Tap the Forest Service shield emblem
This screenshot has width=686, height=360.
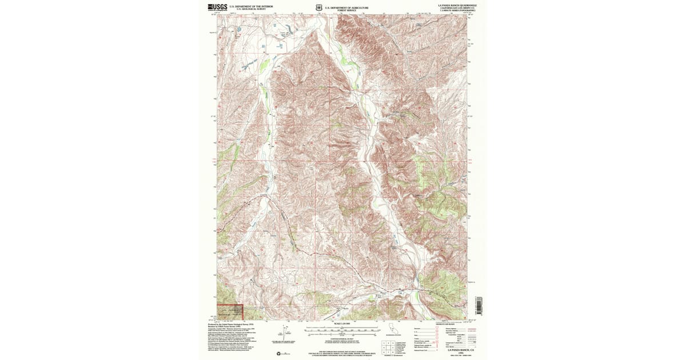318,8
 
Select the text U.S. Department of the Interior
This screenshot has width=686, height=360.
252,7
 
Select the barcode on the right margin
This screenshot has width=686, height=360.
479,305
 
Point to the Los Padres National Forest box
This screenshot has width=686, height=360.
230,311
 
